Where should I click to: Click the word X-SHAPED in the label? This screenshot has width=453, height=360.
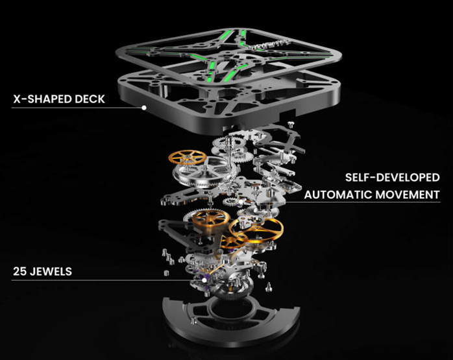click(45, 100)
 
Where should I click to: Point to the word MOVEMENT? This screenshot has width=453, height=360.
click(407, 194)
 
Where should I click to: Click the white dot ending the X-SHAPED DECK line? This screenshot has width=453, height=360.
click(145, 108)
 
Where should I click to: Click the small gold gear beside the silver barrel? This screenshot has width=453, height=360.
click(187, 158)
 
